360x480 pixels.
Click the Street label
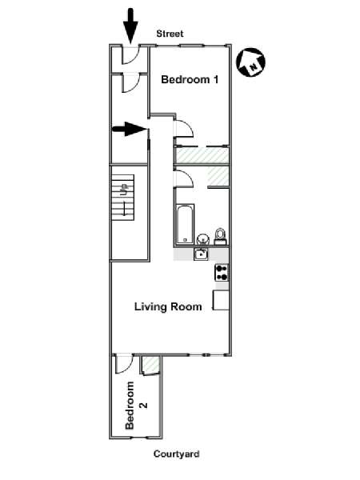point(170,34)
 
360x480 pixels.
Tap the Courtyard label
point(176,454)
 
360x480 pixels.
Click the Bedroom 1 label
point(190,79)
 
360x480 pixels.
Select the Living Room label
point(168,306)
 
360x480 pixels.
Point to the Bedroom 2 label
point(134,406)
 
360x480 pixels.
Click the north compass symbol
point(250,62)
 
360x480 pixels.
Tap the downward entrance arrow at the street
point(130,26)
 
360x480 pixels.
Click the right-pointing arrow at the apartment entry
point(130,129)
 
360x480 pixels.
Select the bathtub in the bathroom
point(186,224)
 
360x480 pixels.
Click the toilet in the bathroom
point(220,237)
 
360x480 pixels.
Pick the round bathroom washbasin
point(202,238)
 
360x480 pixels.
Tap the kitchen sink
point(201,254)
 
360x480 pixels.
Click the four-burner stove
point(222,273)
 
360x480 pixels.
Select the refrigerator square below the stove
point(221,300)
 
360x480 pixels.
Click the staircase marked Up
point(122,198)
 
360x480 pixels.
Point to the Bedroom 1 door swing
point(183,129)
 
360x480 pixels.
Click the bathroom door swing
point(182,178)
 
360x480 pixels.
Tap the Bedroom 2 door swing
point(124,364)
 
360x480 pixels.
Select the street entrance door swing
point(131,55)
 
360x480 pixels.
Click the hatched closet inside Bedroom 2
point(150,364)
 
